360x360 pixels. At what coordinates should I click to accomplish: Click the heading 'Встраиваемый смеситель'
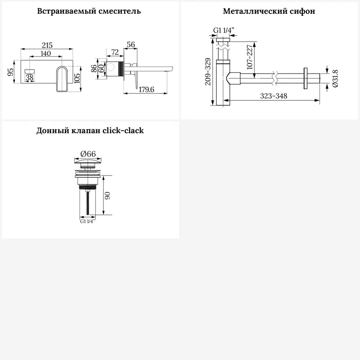point(89,11)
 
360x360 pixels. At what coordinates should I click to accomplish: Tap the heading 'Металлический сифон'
point(269,11)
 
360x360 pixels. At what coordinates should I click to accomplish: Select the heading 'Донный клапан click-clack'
point(90,130)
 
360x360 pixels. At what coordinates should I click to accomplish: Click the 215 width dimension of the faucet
point(47,45)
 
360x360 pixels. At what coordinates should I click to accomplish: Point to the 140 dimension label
point(46,53)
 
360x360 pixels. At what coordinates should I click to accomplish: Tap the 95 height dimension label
point(10,72)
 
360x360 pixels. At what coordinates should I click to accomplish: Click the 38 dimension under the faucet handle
point(30,78)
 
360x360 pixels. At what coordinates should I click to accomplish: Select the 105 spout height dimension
point(77,78)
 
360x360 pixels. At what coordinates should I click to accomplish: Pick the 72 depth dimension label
point(115,52)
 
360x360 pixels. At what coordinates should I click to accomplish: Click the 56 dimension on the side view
point(131,44)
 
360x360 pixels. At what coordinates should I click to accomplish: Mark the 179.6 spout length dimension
point(146,89)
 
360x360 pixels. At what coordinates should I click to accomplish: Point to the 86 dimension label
point(94,68)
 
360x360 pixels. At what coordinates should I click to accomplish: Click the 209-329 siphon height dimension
point(208,72)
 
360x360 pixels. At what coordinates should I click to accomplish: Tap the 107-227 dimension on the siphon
point(249,57)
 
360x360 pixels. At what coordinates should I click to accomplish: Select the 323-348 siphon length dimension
point(274,96)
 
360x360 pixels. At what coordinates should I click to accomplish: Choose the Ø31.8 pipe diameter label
point(335,78)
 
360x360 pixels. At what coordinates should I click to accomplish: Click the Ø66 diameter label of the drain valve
point(88,154)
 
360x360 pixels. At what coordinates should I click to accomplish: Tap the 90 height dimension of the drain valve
point(107,195)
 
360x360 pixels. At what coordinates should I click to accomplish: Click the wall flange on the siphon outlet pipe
point(305,78)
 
